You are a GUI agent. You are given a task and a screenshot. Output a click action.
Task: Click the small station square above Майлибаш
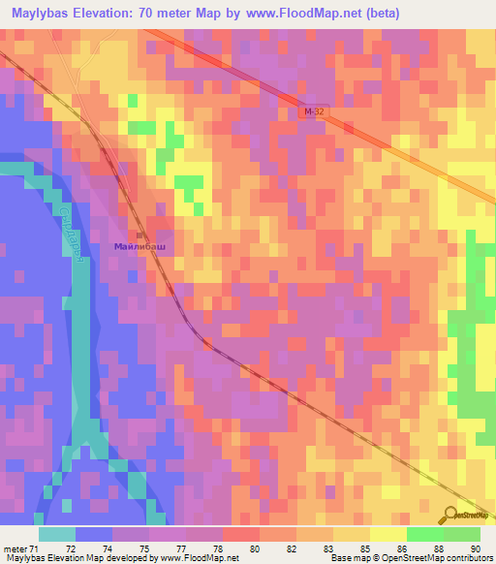pos(139,235)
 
